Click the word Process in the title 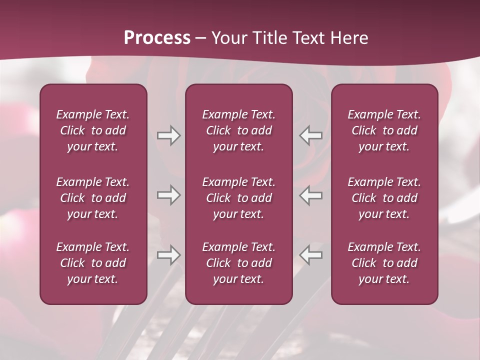[157, 37]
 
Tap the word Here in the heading [349, 37]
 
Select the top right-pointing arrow [168, 135]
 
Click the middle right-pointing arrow [168, 195]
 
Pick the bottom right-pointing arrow [168, 255]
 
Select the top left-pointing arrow [311, 135]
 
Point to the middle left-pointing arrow [311, 195]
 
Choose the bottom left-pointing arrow [311, 255]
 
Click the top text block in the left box [93, 130]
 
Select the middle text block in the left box [93, 198]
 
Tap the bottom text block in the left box [93, 263]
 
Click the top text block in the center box [238, 130]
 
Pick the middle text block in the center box [238, 198]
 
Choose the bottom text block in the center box [238, 263]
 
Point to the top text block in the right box [384, 130]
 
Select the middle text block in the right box [384, 198]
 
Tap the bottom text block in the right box [384, 263]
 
